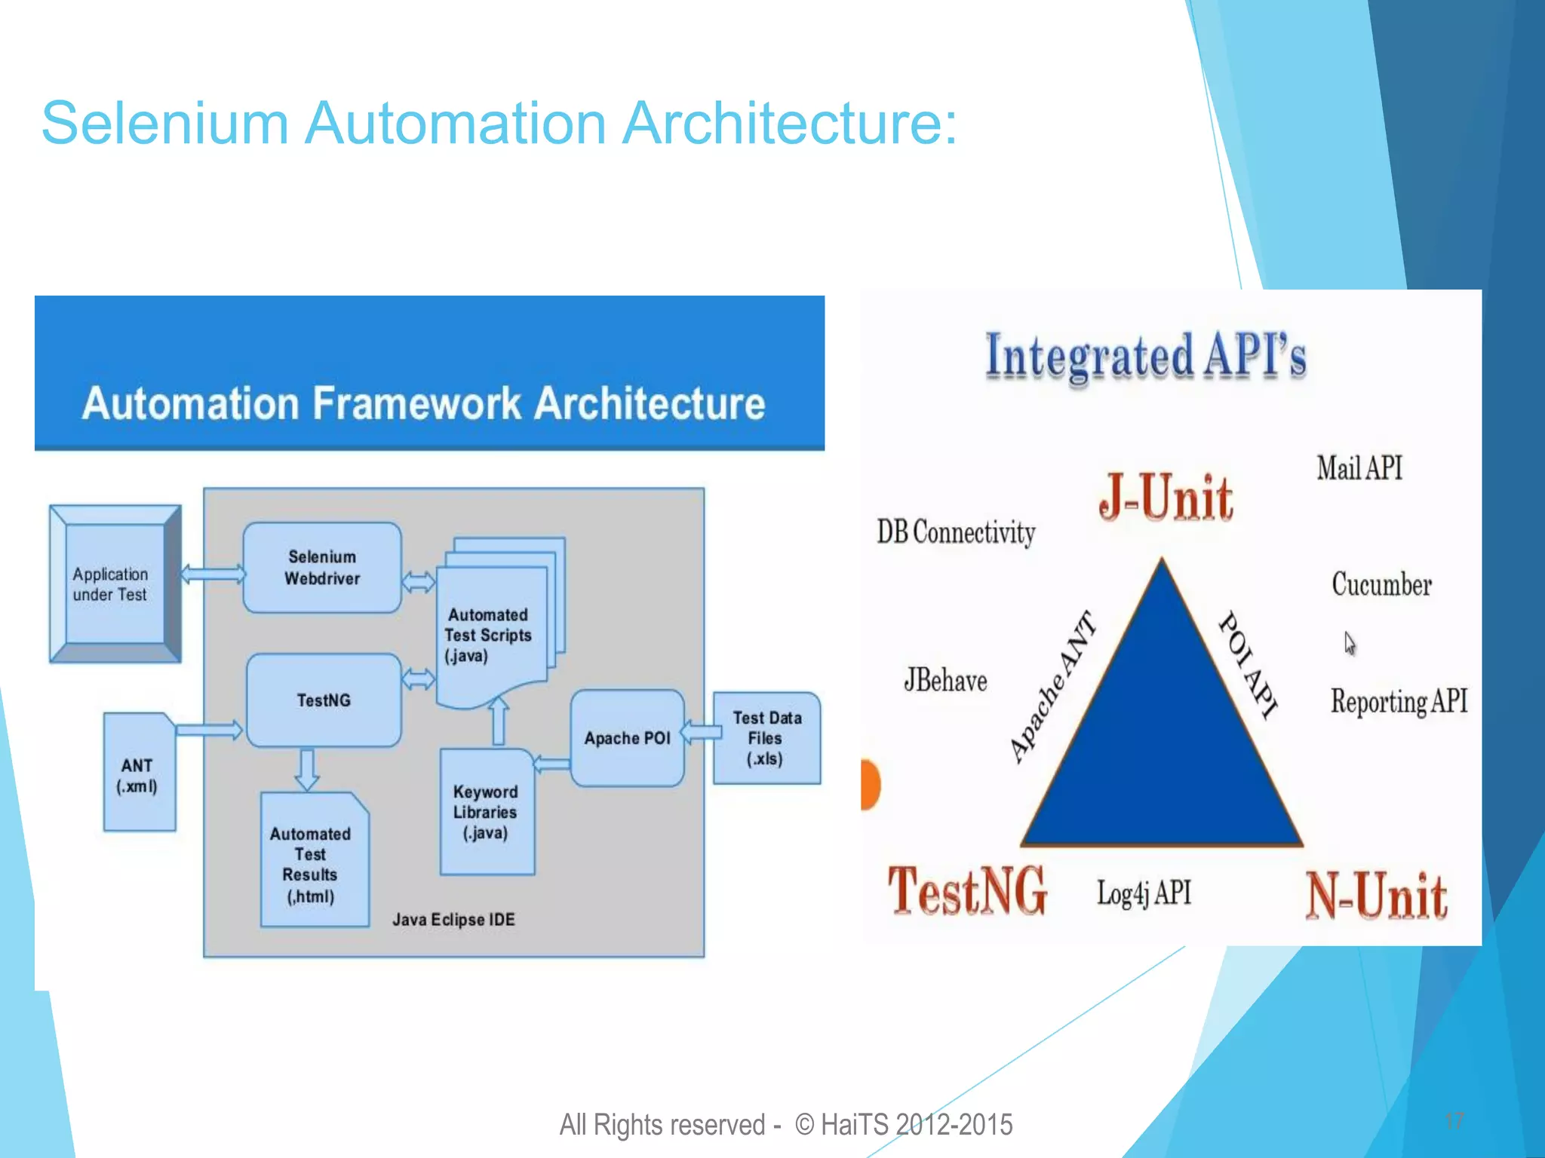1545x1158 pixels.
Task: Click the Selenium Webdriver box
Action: tap(322, 568)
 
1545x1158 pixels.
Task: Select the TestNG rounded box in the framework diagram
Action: tap(324, 700)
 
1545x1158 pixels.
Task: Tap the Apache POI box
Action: tap(627, 738)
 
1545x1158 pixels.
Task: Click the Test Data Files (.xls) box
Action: tap(766, 738)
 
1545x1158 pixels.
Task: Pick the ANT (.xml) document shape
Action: tap(138, 776)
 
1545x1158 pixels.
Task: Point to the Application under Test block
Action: tap(113, 584)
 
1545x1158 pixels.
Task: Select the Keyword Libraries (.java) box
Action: tap(486, 813)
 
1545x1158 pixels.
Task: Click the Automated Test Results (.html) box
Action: tap(312, 864)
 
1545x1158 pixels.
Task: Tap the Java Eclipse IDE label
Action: tap(453, 920)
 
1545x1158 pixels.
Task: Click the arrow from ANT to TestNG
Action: tap(210, 729)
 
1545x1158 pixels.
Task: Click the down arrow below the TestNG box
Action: tap(306, 769)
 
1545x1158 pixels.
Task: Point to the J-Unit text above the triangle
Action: tap(1165, 499)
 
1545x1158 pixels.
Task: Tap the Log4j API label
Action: tap(1144, 893)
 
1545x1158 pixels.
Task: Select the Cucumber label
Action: tap(1381, 585)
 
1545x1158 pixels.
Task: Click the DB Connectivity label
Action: tap(955, 532)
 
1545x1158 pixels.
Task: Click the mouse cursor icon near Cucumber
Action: tap(1350, 643)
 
